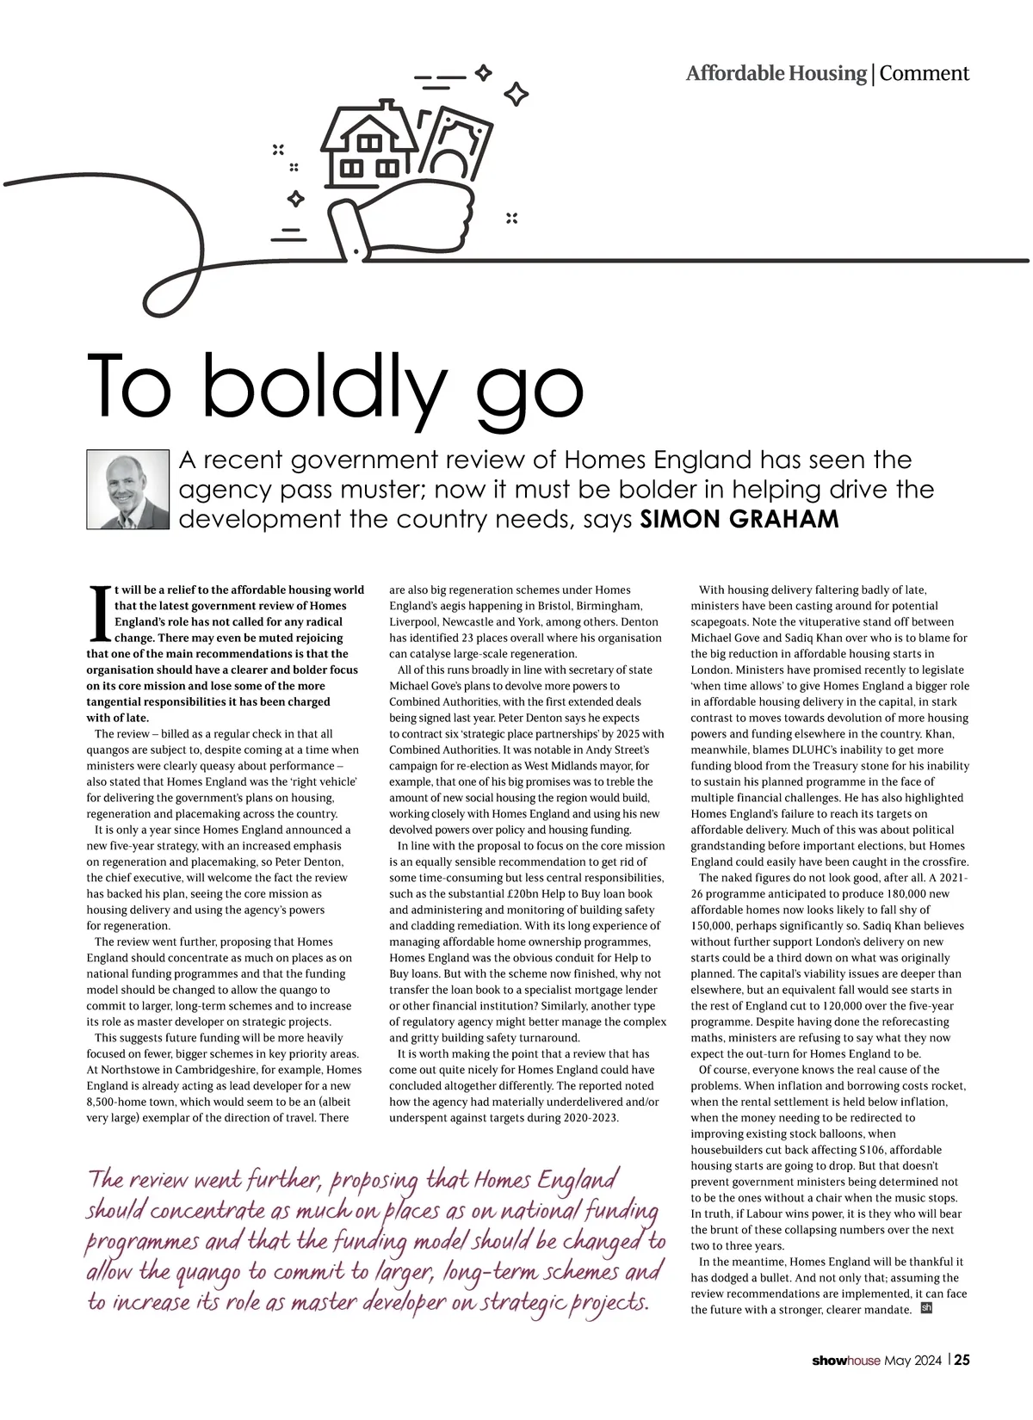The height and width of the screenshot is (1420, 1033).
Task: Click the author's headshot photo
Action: click(x=128, y=489)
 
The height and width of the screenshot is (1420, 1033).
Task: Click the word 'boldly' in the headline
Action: click(x=324, y=385)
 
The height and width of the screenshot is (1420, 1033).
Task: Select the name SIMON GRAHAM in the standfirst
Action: click(x=739, y=519)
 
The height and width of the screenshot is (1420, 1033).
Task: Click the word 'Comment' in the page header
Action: click(x=924, y=73)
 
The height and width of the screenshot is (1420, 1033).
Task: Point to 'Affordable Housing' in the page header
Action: click(x=776, y=73)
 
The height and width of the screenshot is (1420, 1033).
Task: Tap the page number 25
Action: click(x=962, y=1361)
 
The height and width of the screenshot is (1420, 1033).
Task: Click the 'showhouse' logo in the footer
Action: click(x=846, y=1361)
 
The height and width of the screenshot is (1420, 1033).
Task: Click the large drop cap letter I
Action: click(x=99, y=614)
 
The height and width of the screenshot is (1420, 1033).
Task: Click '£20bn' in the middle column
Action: click(x=523, y=893)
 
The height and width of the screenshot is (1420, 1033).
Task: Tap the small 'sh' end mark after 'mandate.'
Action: click(x=926, y=1308)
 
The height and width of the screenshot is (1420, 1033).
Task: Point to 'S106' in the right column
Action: click(x=870, y=1150)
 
